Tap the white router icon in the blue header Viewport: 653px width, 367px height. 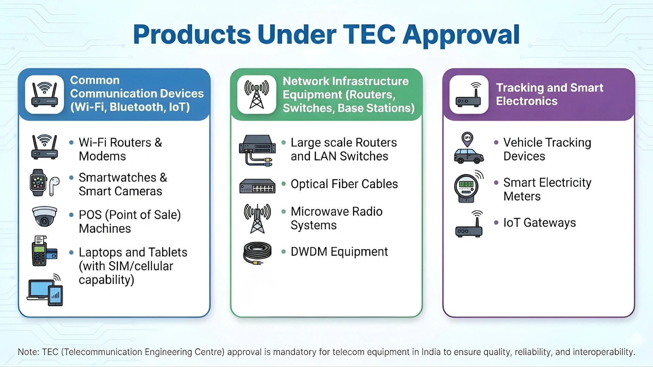44,94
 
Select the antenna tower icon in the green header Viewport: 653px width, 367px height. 256,94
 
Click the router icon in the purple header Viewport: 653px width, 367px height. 469,94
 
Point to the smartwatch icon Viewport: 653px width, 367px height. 38,182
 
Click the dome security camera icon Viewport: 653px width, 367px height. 44,216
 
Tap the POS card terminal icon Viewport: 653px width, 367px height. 44,251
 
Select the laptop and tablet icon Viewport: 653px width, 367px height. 45,291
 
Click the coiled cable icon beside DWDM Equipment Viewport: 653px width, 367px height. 257,252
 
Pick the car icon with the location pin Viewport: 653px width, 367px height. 468,148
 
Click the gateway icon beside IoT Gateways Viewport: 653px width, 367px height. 469,224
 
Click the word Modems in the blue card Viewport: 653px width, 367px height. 102,156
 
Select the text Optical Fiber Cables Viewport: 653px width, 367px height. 344,184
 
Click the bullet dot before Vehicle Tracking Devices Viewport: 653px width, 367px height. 496,143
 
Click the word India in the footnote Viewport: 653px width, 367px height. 431,352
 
